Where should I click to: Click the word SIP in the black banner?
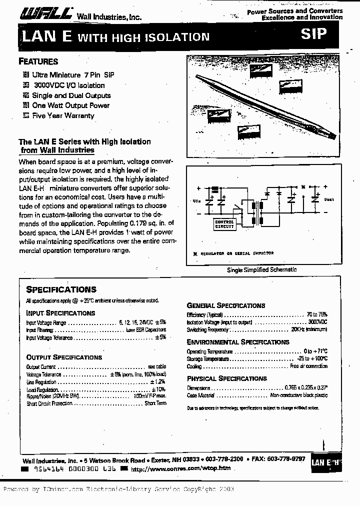click(x=313, y=34)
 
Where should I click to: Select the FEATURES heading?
click(x=38, y=62)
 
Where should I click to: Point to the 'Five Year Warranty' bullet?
click(x=63, y=115)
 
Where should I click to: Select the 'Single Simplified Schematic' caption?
click(x=262, y=269)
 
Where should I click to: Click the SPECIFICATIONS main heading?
click(x=61, y=289)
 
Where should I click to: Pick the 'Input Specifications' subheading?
click(x=60, y=313)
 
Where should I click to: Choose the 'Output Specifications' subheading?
click(x=64, y=357)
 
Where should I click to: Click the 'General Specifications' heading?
click(x=226, y=305)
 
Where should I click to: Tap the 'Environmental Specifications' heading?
click(x=238, y=342)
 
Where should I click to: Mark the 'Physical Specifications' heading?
click(x=227, y=378)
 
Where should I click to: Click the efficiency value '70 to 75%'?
click(x=317, y=315)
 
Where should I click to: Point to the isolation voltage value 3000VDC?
click(x=318, y=322)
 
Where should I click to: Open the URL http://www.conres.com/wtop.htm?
click(x=180, y=468)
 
